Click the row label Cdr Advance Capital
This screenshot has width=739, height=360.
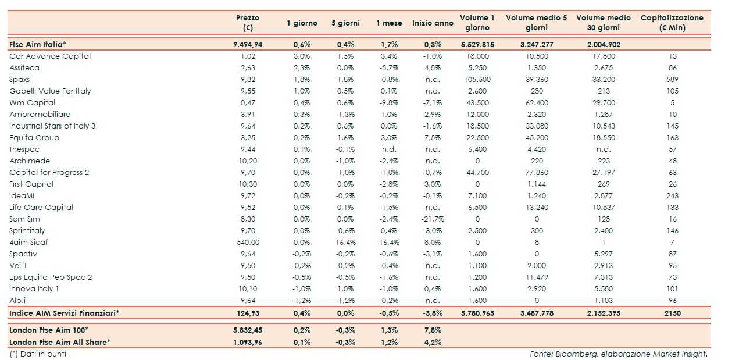point(50,56)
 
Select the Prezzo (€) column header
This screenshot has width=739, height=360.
point(248,23)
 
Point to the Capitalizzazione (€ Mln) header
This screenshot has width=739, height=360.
point(672,23)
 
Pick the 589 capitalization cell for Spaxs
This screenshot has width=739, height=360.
point(672,80)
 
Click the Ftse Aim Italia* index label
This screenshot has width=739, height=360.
point(38,44)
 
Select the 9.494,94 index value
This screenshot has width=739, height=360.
point(248,44)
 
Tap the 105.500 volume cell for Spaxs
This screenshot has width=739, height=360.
point(477,80)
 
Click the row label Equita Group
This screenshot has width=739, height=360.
point(34,138)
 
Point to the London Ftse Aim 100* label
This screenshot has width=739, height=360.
point(49,330)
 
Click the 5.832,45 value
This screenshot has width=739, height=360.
point(248,330)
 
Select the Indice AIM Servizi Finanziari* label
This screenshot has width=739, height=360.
point(64,313)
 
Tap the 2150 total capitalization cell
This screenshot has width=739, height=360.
point(672,313)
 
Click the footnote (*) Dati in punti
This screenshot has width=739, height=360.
point(38,354)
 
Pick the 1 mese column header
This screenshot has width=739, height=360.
point(389,23)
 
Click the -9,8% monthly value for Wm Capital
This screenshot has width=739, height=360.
point(389,103)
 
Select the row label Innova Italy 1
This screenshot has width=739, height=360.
point(34,289)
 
